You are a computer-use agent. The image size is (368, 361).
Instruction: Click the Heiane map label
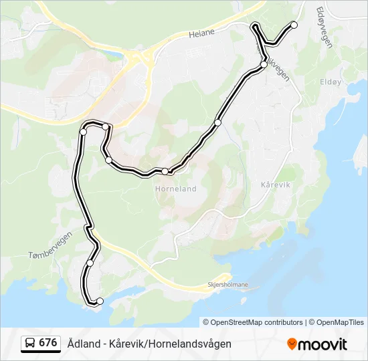click(x=201, y=31)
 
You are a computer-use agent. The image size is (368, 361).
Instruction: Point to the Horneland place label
click(x=176, y=189)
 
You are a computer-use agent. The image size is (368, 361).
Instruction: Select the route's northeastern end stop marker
click(x=294, y=25)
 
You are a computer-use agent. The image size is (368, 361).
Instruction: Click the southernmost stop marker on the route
click(x=100, y=301)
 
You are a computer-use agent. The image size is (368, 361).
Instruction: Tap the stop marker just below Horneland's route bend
click(x=165, y=172)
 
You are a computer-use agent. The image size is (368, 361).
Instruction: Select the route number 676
click(x=48, y=343)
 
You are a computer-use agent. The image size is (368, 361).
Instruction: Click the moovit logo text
click(x=323, y=344)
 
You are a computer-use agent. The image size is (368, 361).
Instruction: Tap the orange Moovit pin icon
click(x=292, y=344)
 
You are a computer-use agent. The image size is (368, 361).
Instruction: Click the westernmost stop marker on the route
click(x=83, y=132)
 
